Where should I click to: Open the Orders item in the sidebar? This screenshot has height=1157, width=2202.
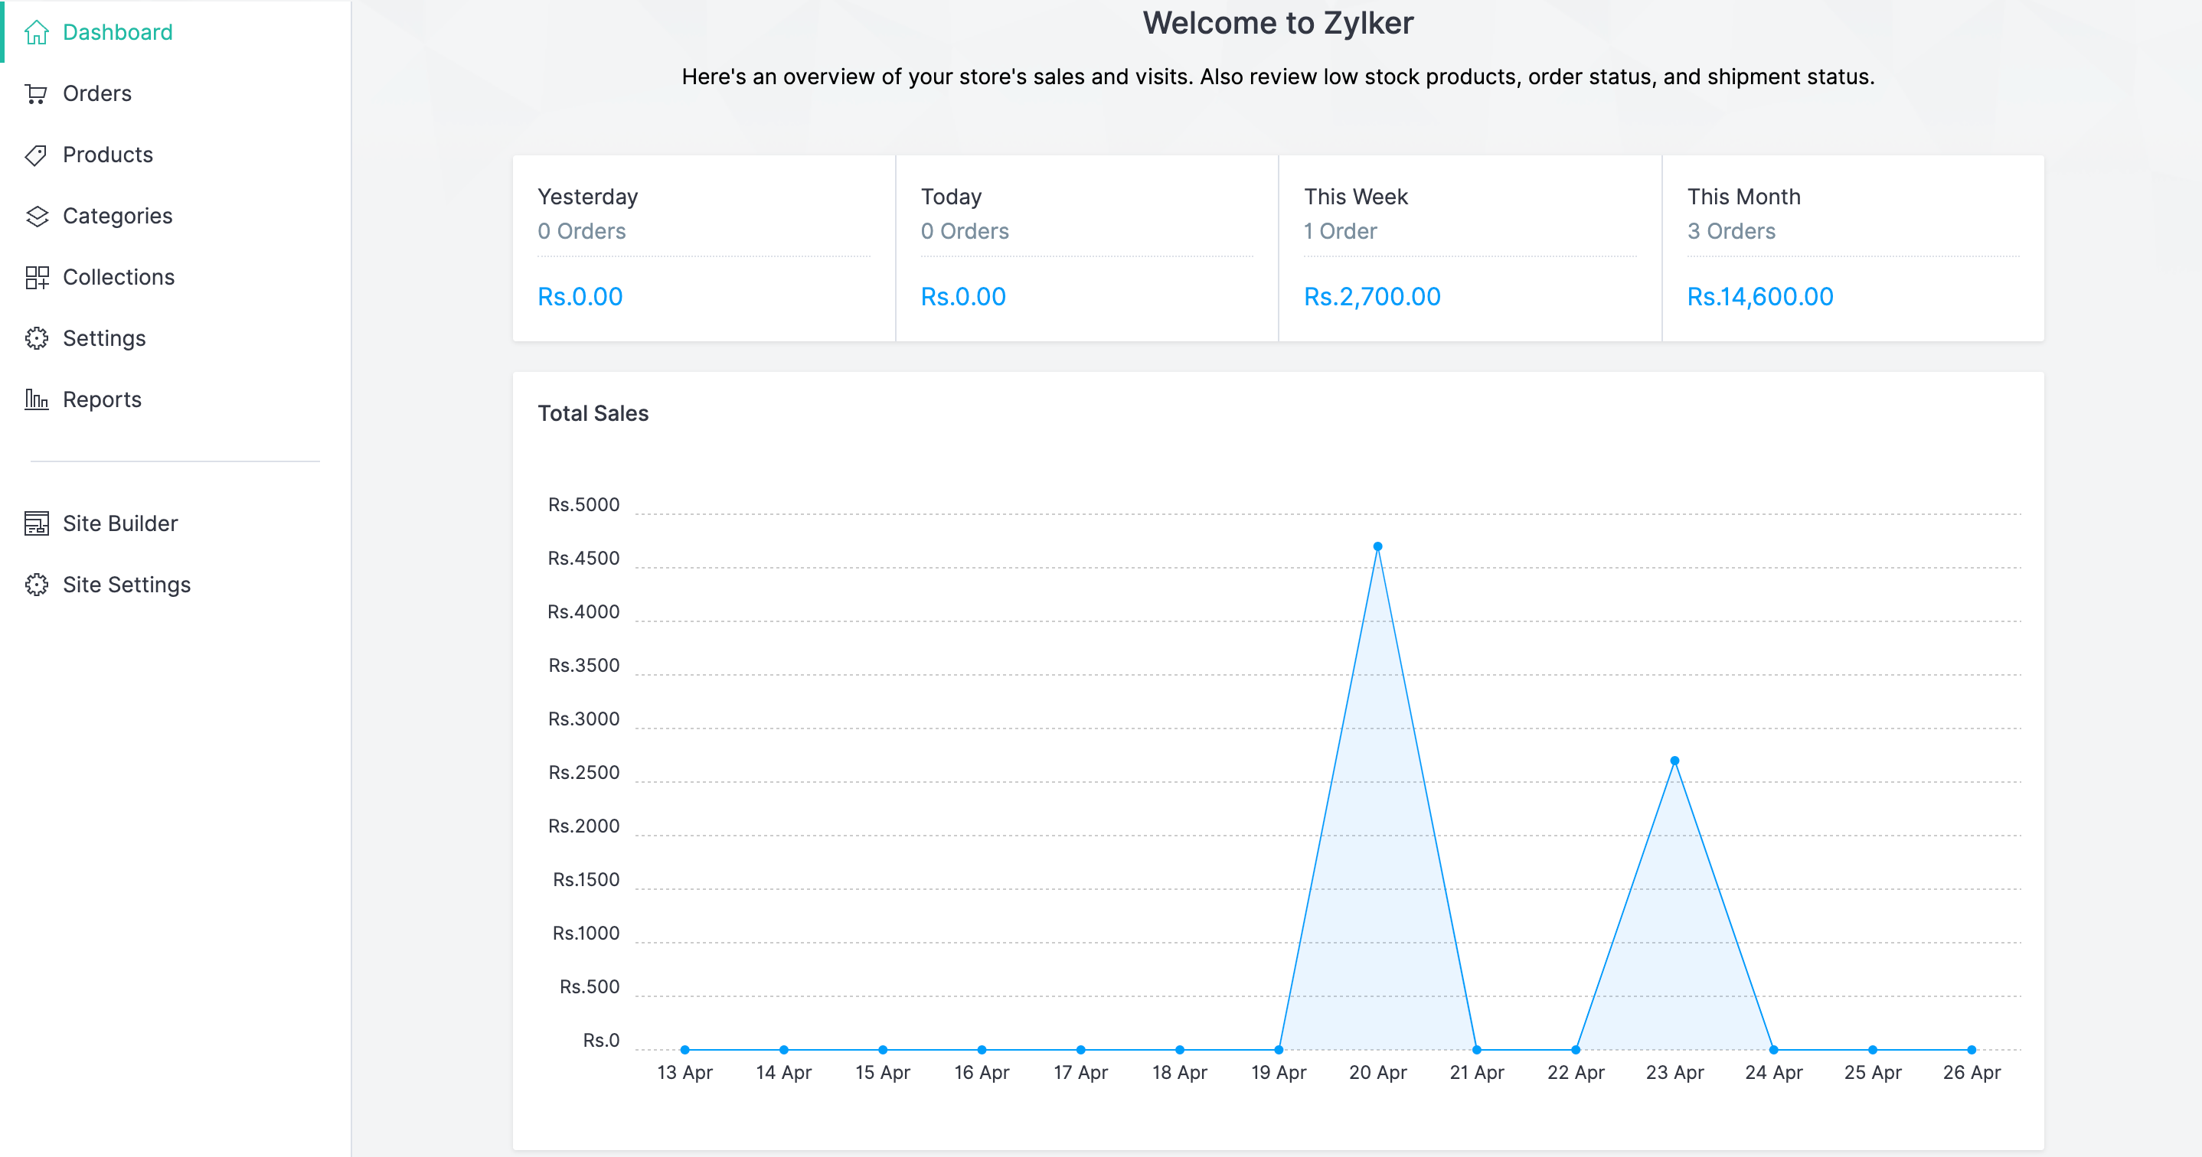point(96,93)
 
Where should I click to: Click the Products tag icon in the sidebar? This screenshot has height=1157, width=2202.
point(36,155)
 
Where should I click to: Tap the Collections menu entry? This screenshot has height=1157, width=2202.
point(118,277)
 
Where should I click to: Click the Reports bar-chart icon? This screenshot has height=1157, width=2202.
point(36,399)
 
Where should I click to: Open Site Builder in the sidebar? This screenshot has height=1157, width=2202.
point(119,523)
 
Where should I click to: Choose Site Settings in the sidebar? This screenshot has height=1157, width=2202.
point(126,585)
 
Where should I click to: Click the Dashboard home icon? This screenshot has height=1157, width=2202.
point(36,32)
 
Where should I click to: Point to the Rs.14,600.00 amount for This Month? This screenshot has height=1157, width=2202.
point(1759,296)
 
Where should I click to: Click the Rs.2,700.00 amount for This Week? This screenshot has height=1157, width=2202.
point(1371,296)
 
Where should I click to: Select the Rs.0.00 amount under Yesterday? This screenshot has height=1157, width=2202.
point(580,296)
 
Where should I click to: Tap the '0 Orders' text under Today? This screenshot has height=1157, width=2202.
point(964,231)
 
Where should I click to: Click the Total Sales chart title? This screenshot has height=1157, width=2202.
point(593,413)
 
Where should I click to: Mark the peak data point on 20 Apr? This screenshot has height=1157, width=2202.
point(1377,547)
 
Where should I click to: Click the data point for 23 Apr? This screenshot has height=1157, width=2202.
point(1674,761)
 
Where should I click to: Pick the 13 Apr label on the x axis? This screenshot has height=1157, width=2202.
point(684,1072)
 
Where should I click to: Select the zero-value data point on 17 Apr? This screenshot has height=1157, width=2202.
point(1080,1049)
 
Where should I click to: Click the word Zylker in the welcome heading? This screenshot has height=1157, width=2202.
point(1367,23)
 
